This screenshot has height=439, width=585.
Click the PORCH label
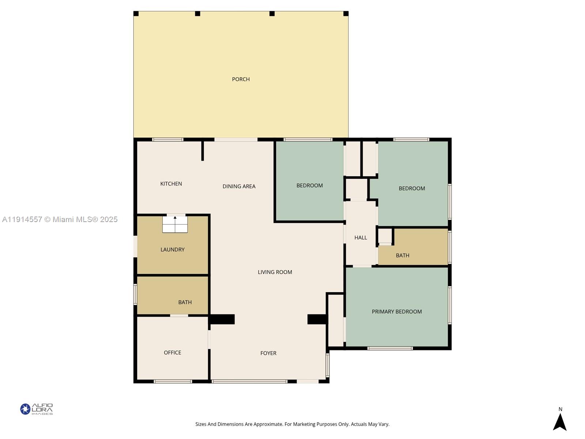click(x=241, y=79)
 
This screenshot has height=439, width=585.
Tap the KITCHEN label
click(x=171, y=184)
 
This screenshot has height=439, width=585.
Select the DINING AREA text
click(x=239, y=186)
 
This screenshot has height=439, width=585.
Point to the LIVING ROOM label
click(x=275, y=272)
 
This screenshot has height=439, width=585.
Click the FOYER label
click(x=268, y=353)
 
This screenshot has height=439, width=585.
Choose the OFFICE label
click(x=172, y=352)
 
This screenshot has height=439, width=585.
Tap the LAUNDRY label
click(x=172, y=249)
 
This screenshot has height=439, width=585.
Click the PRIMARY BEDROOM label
click(x=396, y=311)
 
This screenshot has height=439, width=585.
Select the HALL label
click(x=361, y=237)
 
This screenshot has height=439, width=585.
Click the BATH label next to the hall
click(x=402, y=255)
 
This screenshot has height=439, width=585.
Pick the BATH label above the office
click(x=185, y=302)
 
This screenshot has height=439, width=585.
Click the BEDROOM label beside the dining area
click(x=309, y=185)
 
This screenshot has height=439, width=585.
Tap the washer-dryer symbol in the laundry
click(x=175, y=224)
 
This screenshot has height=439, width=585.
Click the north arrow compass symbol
click(x=560, y=421)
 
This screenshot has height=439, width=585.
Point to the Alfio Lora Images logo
click(x=37, y=409)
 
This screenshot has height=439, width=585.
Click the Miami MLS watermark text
click(x=60, y=219)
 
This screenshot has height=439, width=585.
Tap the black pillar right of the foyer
click(x=317, y=319)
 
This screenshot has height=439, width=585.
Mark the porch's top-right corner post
click(x=346, y=14)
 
